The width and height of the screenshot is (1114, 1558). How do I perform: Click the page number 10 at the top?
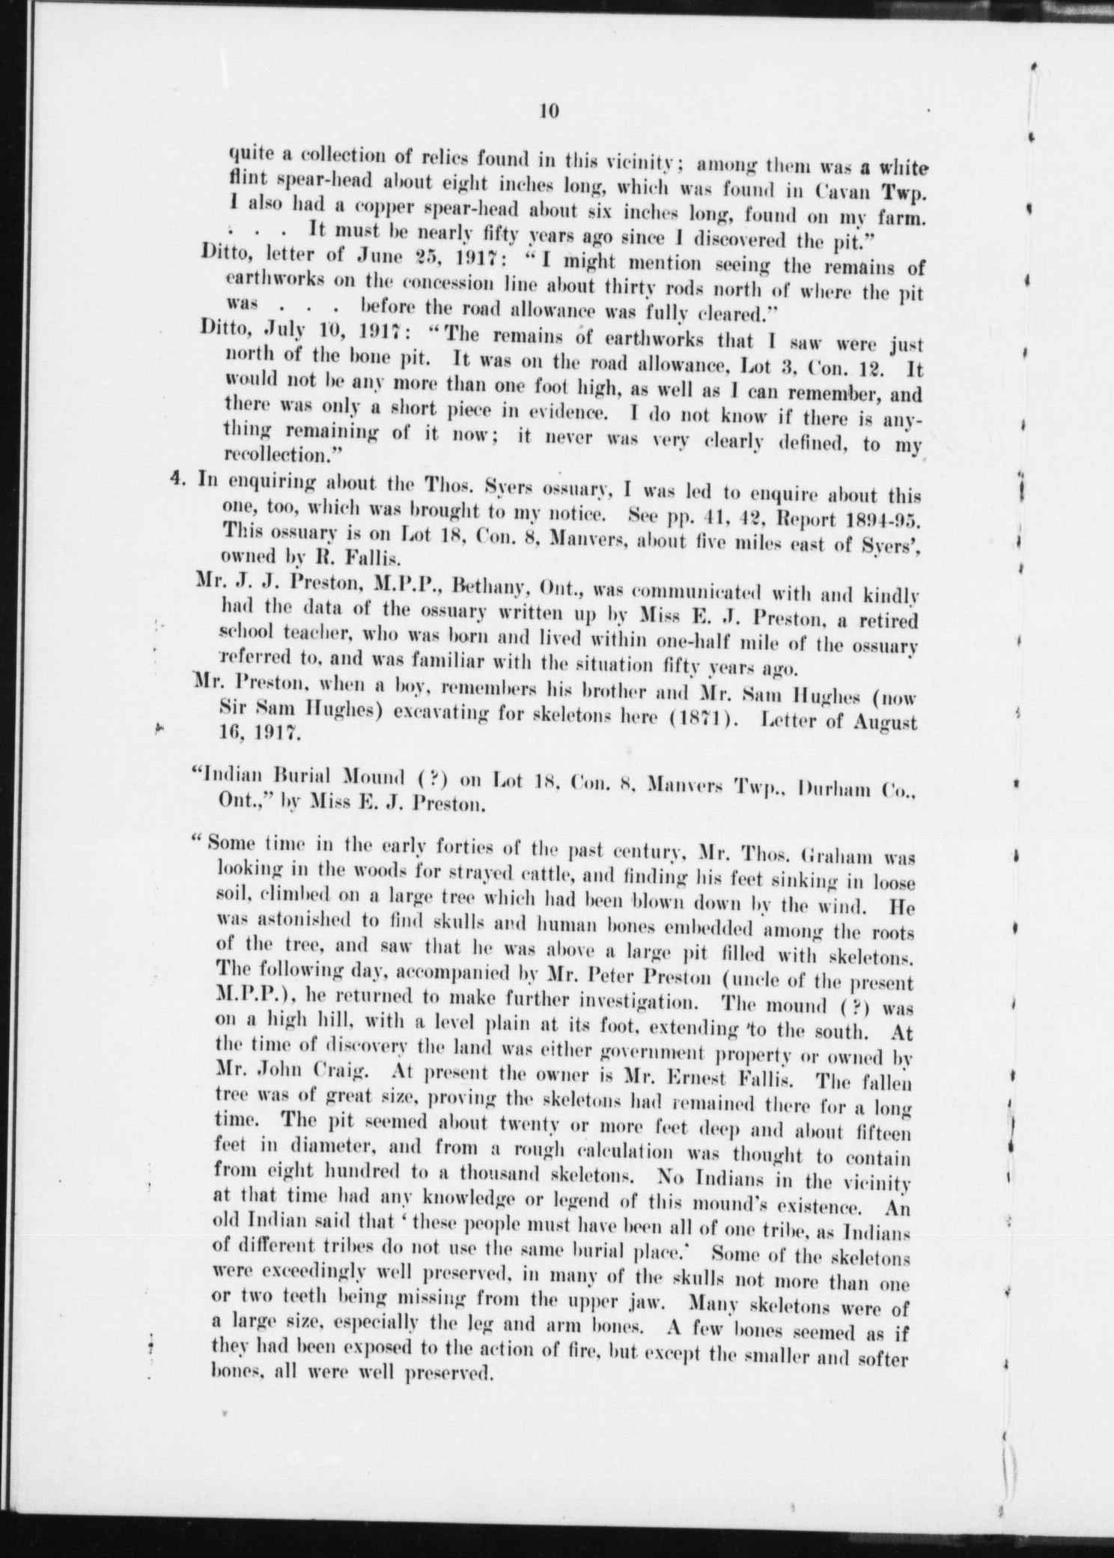549,111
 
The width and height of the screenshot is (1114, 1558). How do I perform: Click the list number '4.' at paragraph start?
180,480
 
